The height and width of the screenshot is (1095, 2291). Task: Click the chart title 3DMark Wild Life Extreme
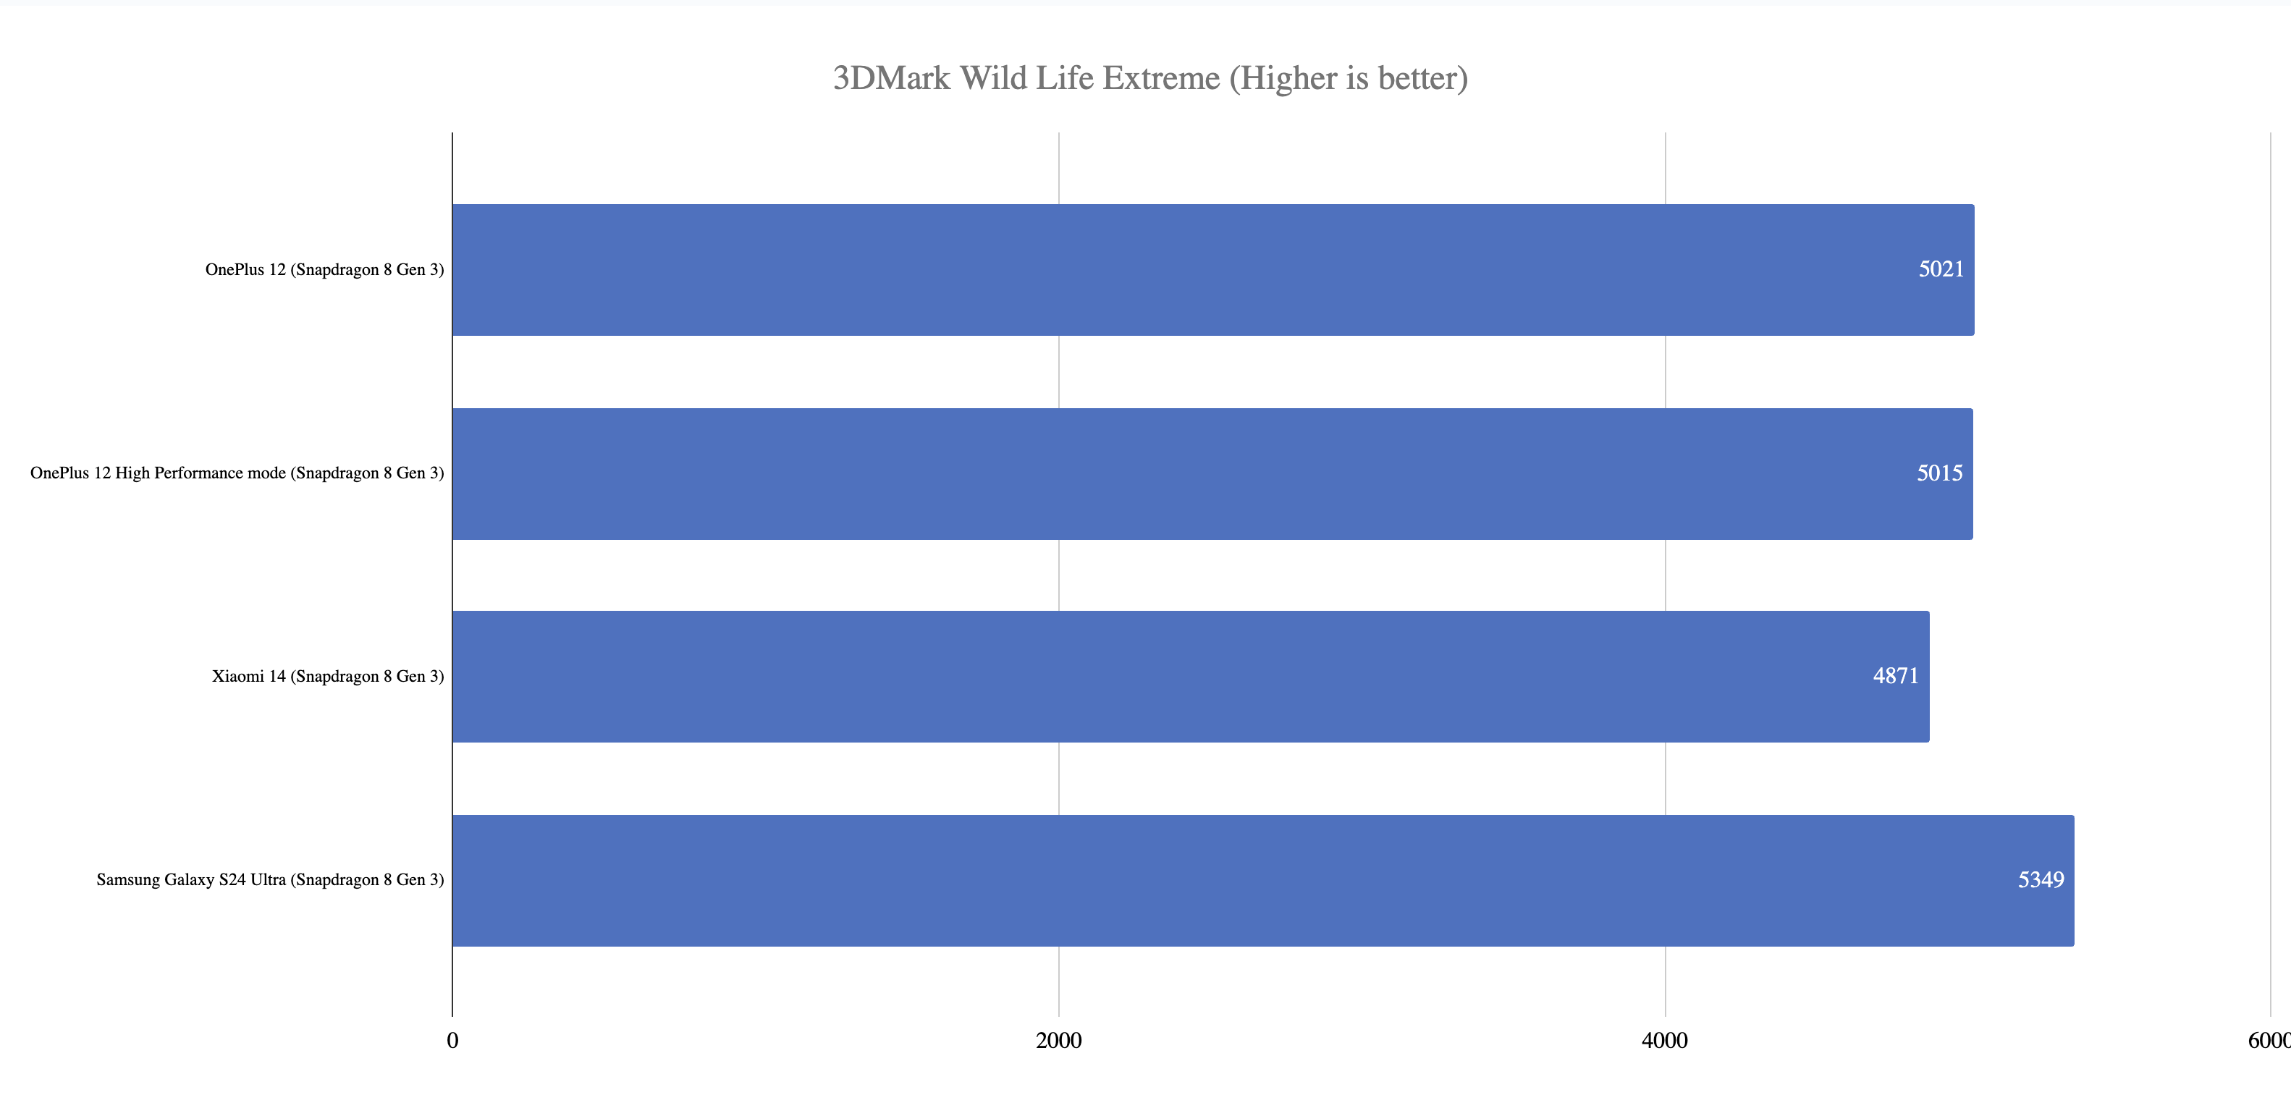coord(1149,78)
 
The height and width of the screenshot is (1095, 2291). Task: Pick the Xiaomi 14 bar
coord(1190,676)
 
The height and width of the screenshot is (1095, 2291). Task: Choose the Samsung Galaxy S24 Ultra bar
coord(1263,880)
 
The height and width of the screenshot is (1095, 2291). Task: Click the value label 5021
coord(1941,269)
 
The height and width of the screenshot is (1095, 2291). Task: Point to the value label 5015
coord(1938,473)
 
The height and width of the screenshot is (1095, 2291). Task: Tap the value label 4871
coord(1895,676)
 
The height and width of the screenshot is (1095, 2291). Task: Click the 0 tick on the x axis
coord(452,1040)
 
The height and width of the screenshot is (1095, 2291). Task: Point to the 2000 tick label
coord(1058,1040)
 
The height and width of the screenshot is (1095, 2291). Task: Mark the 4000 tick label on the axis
coord(1664,1040)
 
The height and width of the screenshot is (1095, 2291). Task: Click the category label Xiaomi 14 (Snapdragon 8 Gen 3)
coord(327,676)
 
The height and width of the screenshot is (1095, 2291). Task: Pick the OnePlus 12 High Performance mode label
coord(237,473)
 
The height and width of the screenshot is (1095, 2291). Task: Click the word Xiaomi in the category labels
coord(237,676)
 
